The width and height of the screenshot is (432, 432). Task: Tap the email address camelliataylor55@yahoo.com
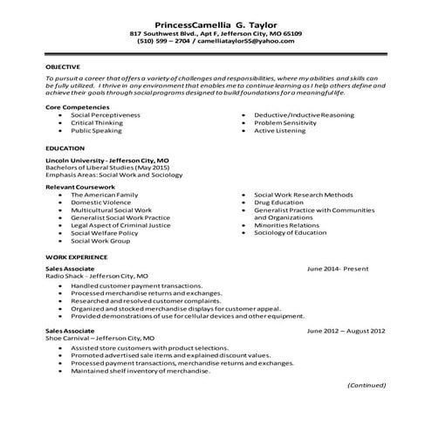(x=251, y=40)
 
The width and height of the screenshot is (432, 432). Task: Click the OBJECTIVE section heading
(x=63, y=66)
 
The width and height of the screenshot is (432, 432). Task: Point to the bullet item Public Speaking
(x=99, y=130)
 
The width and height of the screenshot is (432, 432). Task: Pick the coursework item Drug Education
(x=279, y=202)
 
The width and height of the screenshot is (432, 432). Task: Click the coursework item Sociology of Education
(x=293, y=233)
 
